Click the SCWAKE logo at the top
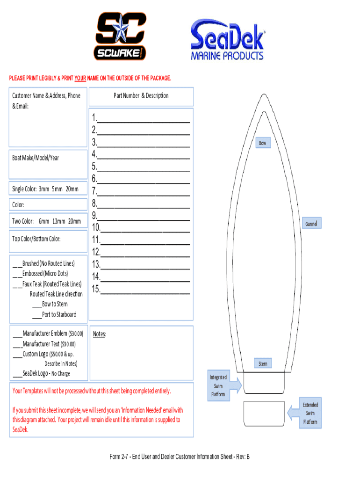coord(121,36)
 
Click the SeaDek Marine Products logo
coord(227,39)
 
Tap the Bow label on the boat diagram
coord(263,143)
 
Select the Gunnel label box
coord(311,224)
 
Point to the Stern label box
coord(263,363)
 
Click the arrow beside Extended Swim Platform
coord(294,413)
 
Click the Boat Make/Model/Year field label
coord(36,158)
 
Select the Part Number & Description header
coord(141,95)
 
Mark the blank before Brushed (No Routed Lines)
coord(17,263)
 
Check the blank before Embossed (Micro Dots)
coord(17,274)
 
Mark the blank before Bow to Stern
coord(37,305)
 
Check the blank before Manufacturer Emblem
coord(17,334)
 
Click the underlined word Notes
coord(99,334)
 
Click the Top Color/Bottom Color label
coord(36,239)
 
